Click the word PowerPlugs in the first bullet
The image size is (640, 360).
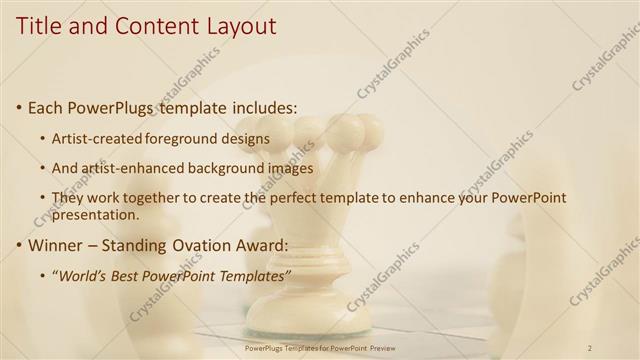[x=115, y=107]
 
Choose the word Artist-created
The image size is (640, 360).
[x=97, y=138]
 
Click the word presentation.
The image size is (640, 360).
[x=96, y=214]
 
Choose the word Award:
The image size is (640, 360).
[x=261, y=245]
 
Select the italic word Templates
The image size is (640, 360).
[x=256, y=275]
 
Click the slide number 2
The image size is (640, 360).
[x=591, y=347]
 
